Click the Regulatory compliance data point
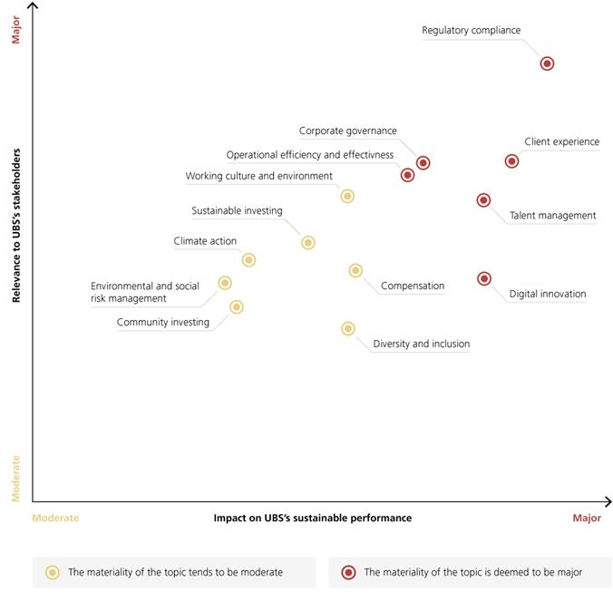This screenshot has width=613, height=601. pyautogui.click(x=547, y=63)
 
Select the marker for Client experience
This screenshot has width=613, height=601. pyautogui.click(x=511, y=161)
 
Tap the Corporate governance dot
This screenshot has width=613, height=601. pyautogui.click(x=423, y=163)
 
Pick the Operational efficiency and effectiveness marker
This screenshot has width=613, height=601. pyautogui.click(x=408, y=175)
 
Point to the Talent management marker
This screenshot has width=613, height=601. pyautogui.click(x=483, y=200)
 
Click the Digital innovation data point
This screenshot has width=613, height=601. pyautogui.click(x=484, y=279)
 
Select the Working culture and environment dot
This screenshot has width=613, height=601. pyautogui.click(x=347, y=196)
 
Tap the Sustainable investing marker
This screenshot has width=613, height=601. pyautogui.click(x=308, y=243)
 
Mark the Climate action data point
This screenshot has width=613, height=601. pyautogui.click(x=248, y=260)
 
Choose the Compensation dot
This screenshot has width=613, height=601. pyautogui.click(x=355, y=270)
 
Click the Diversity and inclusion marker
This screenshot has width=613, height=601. pyautogui.click(x=348, y=329)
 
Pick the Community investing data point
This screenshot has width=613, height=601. pyautogui.click(x=237, y=307)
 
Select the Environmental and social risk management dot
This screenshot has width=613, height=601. pyautogui.click(x=225, y=283)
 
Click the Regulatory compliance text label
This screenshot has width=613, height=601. pyautogui.click(x=471, y=31)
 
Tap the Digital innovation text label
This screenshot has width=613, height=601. pyautogui.click(x=547, y=294)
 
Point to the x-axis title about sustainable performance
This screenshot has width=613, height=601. pyautogui.click(x=312, y=519)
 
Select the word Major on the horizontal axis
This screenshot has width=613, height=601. pyautogui.click(x=586, y=519)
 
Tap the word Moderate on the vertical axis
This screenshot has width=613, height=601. pyautogui.click(x=16, y=479)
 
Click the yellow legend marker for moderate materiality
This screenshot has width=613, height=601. pyautogui.click(x=53, y=572)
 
